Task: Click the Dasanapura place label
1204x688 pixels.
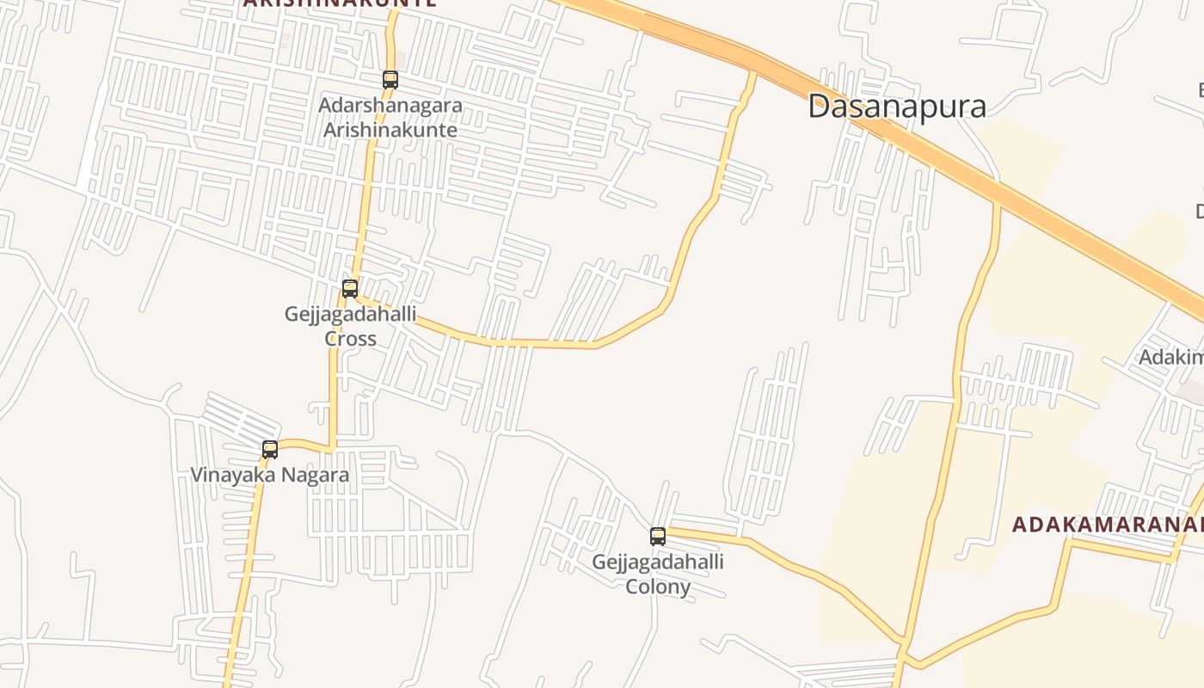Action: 896,107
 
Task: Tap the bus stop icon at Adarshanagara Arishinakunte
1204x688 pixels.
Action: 390,80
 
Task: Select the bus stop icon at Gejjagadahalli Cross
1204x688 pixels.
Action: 350,289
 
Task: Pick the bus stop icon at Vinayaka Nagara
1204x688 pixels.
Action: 270,449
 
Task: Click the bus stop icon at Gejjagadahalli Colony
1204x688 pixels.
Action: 658,537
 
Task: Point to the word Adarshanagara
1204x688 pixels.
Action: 390,106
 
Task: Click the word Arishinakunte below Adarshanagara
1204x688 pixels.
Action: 390,131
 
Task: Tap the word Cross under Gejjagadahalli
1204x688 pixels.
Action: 350,339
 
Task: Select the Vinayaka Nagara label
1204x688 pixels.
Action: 269,475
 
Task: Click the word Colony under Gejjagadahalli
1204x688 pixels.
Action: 658,587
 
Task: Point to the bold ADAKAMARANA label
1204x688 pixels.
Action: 1107,524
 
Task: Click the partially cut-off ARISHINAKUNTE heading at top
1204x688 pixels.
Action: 339,3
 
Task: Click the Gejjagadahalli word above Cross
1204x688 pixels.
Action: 350,314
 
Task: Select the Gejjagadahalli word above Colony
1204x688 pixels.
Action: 658,562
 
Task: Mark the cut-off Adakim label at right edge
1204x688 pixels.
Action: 1170,357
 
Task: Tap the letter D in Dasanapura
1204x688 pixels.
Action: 819,107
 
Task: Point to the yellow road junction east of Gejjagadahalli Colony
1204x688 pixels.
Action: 903,642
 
